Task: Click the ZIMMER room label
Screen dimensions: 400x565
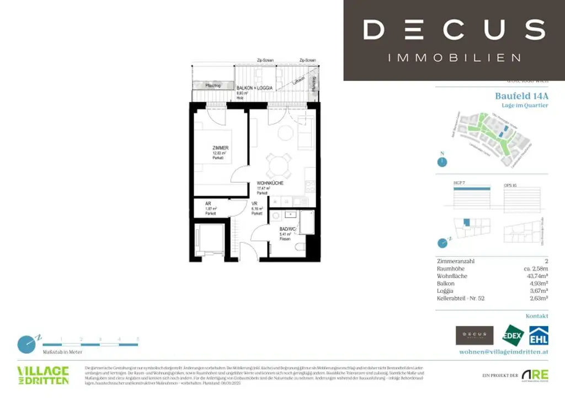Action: [220, 148]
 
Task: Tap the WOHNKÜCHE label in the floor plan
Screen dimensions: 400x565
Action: [270, 183]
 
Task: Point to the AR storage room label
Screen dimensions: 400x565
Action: [208, 203]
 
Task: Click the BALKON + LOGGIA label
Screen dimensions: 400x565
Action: [254, 88]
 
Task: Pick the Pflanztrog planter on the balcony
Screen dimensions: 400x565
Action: [214, 86]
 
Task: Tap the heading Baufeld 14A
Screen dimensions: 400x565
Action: [521, 96]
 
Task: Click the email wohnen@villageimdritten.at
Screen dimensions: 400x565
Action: [503, 352]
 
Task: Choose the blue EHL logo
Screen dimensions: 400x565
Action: [538, 336]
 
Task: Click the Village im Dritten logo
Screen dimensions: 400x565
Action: [43, 375]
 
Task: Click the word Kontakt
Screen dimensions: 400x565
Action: [536, 317]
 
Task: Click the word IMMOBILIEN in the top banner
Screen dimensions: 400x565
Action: [454, 57]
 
